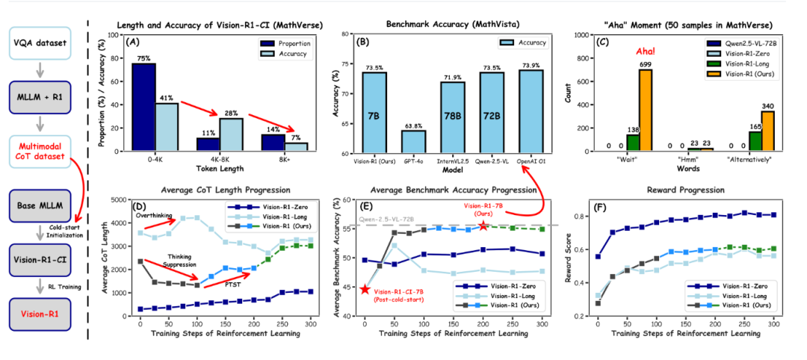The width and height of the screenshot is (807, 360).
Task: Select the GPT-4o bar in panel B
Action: (412, 141)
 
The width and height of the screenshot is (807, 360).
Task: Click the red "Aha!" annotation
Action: (645, 52)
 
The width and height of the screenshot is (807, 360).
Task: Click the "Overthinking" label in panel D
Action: (155, 214)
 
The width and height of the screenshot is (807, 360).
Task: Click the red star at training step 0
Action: (365, 289)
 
